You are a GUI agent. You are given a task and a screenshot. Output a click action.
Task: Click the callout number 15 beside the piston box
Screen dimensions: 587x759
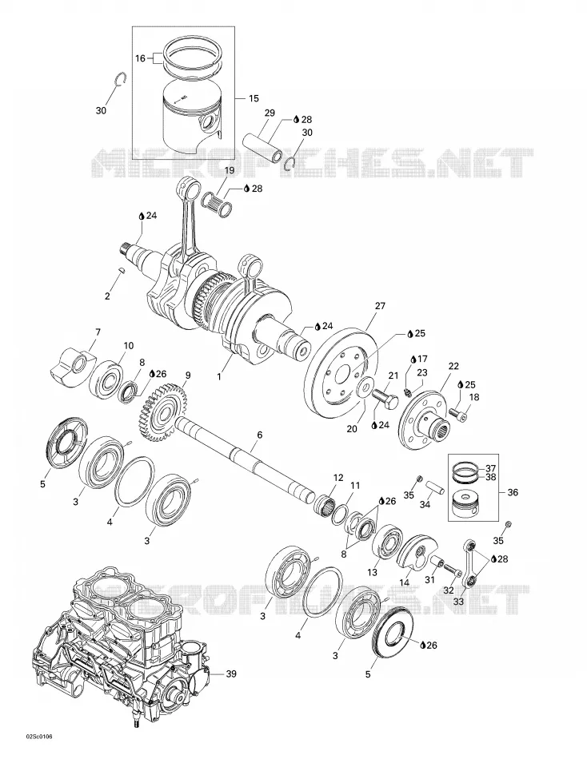(x=254, y=99)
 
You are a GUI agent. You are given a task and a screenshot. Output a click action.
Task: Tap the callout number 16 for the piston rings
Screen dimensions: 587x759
(x=140, y=58)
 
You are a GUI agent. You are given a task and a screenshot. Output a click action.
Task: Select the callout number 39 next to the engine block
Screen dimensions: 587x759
(x=231, y=673)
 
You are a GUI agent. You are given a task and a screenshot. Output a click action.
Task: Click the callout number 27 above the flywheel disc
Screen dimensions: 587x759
(x=380, y=306)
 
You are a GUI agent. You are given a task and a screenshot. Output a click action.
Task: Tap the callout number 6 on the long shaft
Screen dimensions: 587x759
(x=259, y=435)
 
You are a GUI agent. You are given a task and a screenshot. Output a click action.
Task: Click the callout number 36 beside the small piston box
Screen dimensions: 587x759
(x=513, y=492)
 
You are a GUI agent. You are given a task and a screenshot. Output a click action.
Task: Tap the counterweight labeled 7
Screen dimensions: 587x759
(x=73, y=365)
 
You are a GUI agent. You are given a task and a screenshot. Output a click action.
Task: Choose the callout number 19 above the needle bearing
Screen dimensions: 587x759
(x=230, y=170)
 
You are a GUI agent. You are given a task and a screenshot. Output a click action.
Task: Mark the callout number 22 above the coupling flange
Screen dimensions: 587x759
(x=453, y=366)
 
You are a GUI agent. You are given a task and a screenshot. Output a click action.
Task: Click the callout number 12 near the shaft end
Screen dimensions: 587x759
(x=338, y=478)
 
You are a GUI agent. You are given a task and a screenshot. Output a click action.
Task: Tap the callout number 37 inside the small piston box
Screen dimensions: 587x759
(x=490, y=468)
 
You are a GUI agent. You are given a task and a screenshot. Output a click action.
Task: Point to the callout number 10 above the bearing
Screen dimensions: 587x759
(x=129, y=346)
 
